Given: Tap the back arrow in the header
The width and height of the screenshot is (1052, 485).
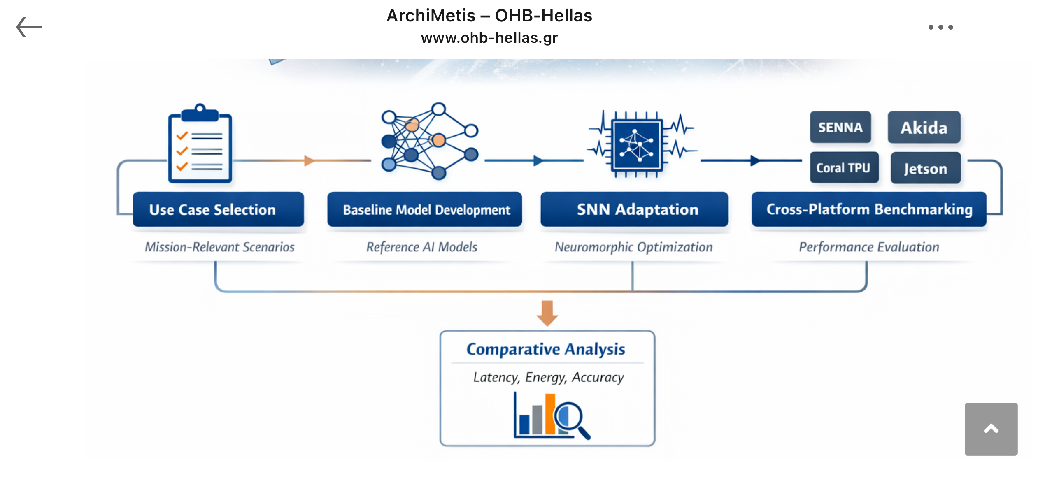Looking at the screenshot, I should (x=29, y=27).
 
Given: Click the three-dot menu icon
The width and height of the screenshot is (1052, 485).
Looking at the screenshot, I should (x=940, y=27).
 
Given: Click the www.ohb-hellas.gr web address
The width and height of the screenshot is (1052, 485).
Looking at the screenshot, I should (x=489, y=38).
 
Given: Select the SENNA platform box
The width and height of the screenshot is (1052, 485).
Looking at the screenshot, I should (x=840, y=127).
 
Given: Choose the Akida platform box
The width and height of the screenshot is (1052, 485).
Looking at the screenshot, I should (x=924, y=128).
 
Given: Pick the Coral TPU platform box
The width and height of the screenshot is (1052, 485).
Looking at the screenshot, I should (x=843, y=168).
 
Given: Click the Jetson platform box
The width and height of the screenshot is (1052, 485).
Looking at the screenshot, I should (x=925, y=168).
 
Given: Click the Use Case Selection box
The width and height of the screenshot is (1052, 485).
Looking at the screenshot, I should (x=218, y=209).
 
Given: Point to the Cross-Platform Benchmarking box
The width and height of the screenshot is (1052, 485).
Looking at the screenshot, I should (x=869, y=209).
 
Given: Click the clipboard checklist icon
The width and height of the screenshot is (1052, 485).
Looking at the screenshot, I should (x=200, y=144).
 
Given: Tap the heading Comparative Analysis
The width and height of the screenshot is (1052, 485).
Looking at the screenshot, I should (x=546, y=349).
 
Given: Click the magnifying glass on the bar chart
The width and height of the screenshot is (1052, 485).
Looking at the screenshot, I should (x=570, y=419).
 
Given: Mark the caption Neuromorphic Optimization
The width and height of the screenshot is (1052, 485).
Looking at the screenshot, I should (x=633, y=247).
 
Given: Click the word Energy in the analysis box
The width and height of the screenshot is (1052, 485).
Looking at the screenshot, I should (x=546, y=377).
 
